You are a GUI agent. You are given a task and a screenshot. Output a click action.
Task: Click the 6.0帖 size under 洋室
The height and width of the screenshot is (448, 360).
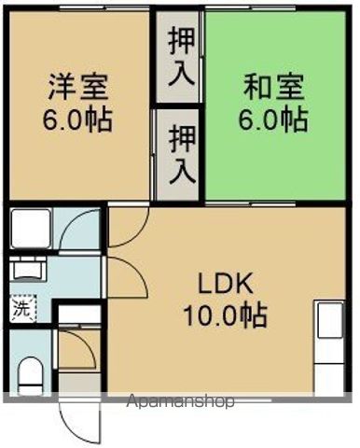click(78, 120)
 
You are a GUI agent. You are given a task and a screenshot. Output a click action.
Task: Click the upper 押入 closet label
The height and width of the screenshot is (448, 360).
click(176, 58)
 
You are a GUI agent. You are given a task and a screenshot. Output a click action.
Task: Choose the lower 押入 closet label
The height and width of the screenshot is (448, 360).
click(176, 155)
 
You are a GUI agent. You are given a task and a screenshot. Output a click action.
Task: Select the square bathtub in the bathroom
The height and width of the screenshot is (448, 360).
click(27, 228)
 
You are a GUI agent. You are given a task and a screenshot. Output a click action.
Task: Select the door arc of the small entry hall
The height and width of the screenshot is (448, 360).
click(78, 353)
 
